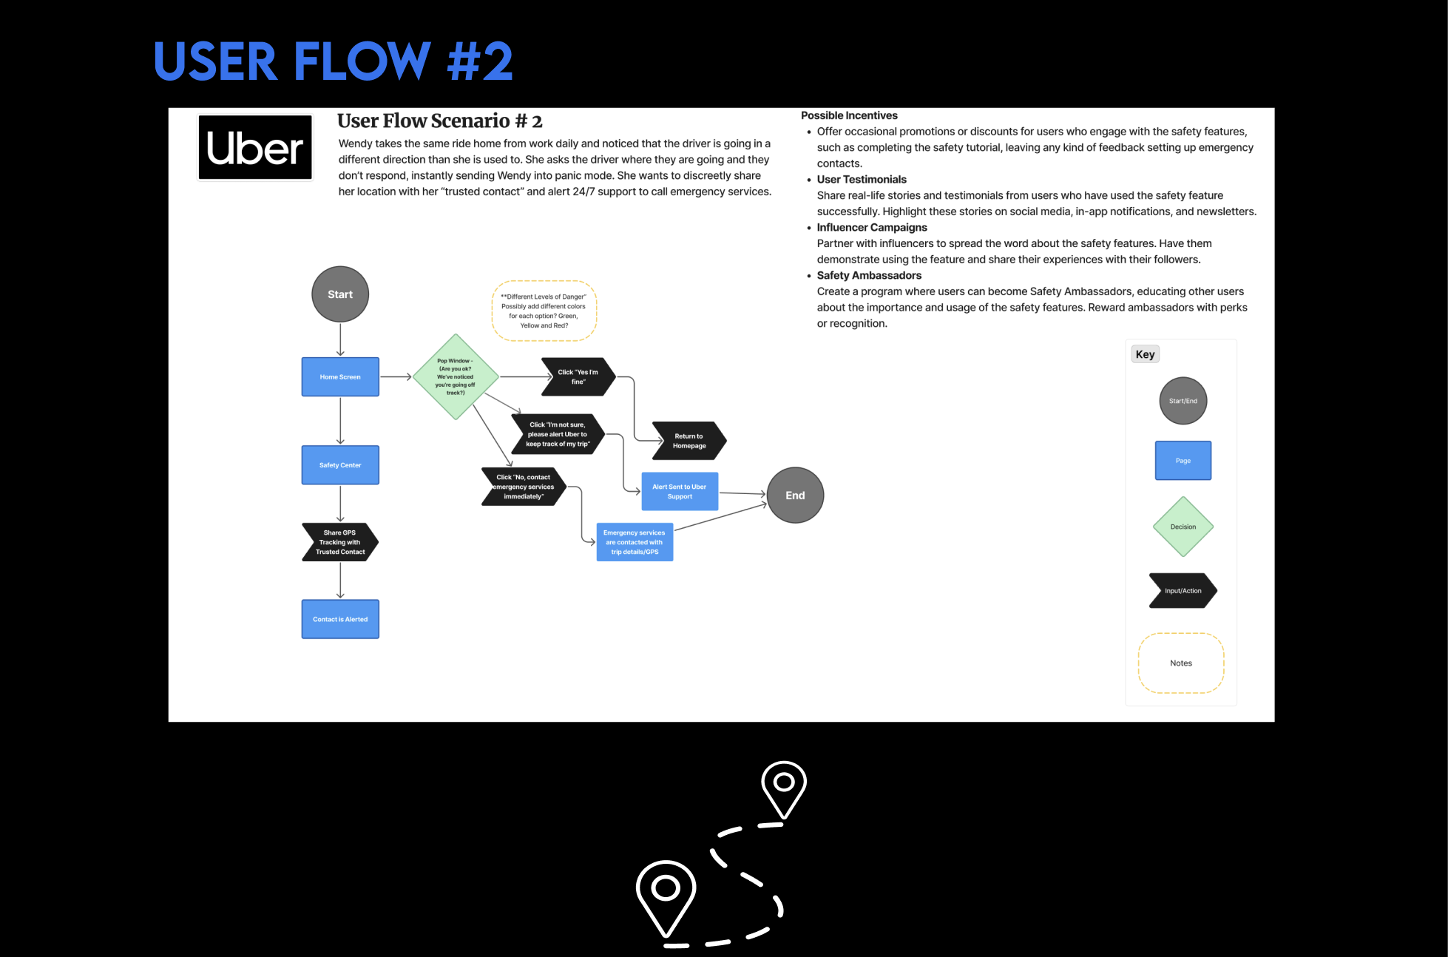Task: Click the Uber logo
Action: (255, 147)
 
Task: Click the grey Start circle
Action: (340, 294)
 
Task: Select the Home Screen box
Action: (340, 377)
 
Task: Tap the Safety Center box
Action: (340, 465)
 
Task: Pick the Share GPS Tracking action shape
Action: (340, 542)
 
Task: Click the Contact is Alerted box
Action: (340, 619)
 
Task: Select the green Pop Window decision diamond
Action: (456, 377)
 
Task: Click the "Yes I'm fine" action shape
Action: (578, 377)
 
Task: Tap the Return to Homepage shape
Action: (689, 441)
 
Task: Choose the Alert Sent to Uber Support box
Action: (680, 492)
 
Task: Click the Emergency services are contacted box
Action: (635, 542)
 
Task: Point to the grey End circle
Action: (795, 496)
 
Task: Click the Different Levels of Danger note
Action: (544, 311)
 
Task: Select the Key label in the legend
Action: (1145, 354)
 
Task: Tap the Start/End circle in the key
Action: (1183, 401)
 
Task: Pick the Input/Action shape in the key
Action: (1183, 591)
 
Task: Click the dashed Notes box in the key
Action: (1181, 663)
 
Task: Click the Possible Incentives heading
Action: (849, 115)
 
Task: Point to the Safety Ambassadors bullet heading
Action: (869, 275)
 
